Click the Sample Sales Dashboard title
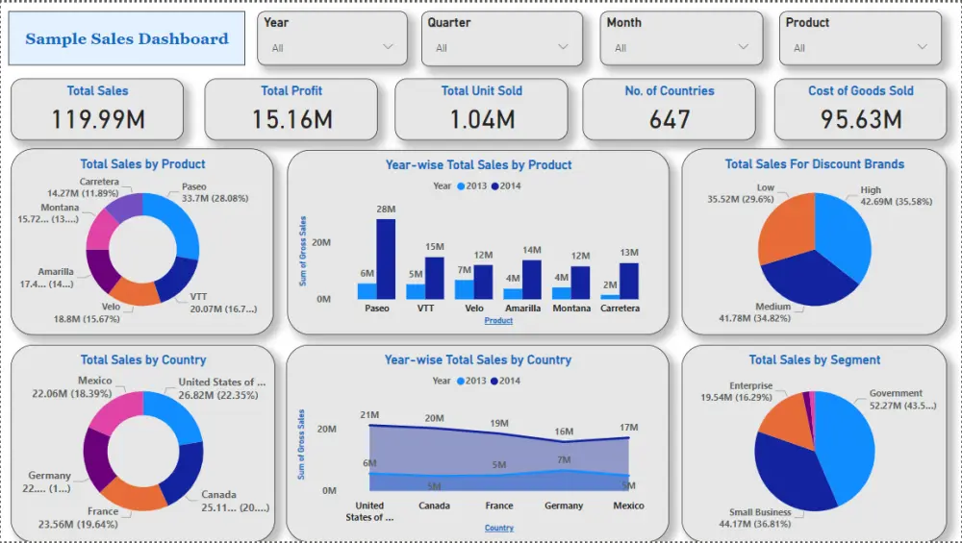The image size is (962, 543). (127, 39)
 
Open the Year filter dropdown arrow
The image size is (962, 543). (389, 47)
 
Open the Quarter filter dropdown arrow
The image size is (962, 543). (562, 47)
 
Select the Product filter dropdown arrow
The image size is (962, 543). (923, 47)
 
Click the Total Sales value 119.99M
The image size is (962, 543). (97, 119)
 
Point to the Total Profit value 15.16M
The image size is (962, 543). (291, 119)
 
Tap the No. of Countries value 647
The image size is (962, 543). (670, 119)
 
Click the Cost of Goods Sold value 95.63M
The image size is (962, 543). (861, 119)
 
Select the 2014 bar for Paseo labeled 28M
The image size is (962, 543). (386, 259)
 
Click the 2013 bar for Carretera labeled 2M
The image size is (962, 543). (610, 296)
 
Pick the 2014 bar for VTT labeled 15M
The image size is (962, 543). (435, 278)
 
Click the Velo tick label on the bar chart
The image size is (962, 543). (474, 309)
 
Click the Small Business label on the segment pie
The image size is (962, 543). (759, 512)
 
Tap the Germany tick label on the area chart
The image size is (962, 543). (564, 506)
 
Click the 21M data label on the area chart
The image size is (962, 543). (369, 414)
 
